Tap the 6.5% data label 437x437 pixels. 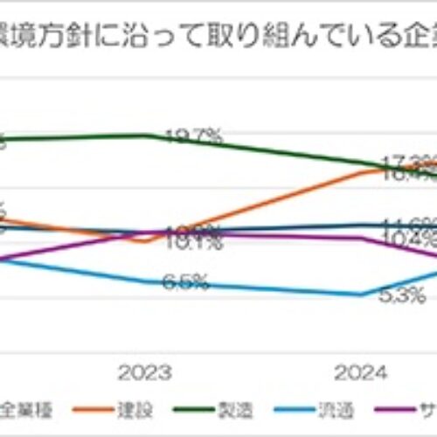pyautogui.click(x=184, y=281)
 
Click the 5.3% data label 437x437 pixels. pyautogui.click(x=403, y=295)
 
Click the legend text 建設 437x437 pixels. pyautogui.click(x=128, y=409)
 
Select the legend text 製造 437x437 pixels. pyautogui.click(x=228, y=409)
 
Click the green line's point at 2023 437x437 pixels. pyautogui.click(x=146, y=135)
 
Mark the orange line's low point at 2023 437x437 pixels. pyautogui.click(x=146, y=240)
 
